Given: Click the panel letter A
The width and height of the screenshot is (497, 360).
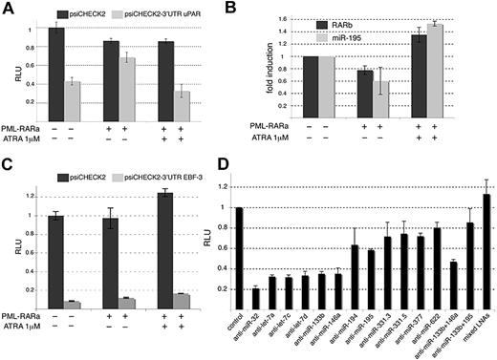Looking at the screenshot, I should (x=7, y=8).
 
